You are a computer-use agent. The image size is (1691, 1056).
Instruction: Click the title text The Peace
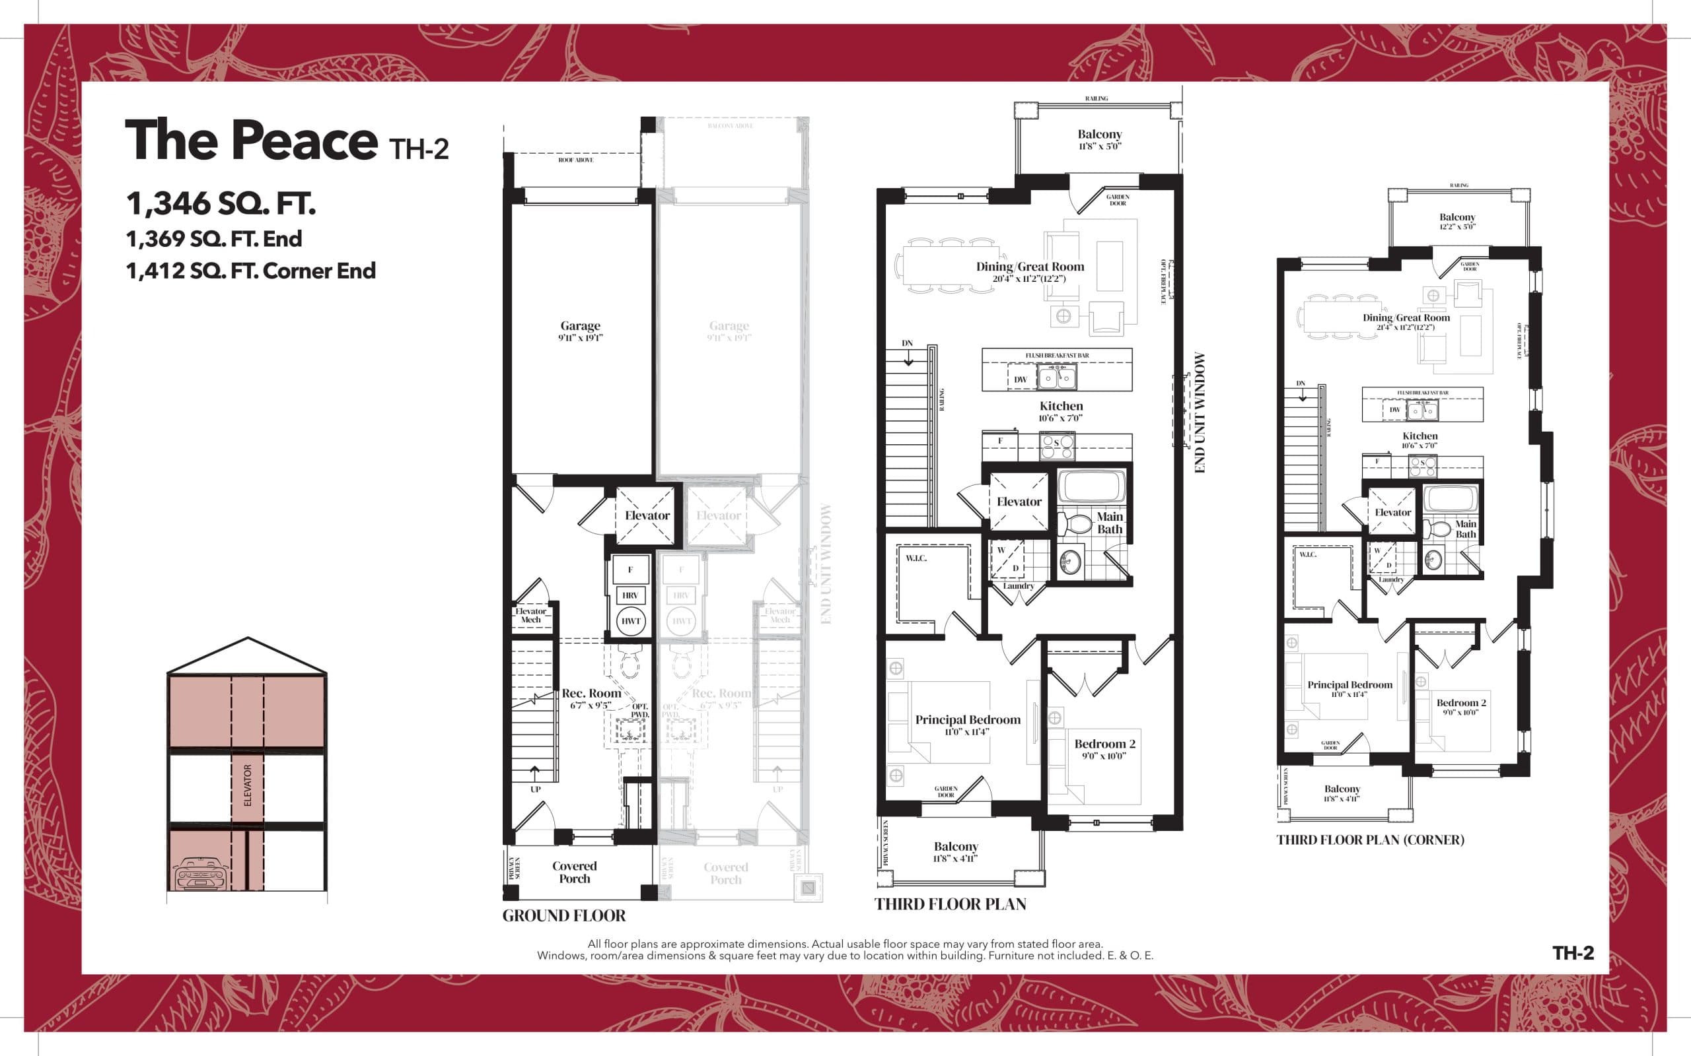[252, 141]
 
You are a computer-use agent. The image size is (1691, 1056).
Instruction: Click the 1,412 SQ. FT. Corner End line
[250, 271]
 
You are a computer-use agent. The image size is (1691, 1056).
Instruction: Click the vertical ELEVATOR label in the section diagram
[247, 785]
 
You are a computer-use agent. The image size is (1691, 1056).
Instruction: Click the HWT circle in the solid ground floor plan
[630, 621]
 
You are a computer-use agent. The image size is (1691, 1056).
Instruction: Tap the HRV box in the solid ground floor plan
[630, 595]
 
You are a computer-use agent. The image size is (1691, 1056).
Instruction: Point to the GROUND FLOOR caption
[564, 915]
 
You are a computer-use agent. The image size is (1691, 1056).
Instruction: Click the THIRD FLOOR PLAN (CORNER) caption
[1369, 840]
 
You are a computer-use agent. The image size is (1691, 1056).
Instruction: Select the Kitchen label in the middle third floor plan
[1061, 407]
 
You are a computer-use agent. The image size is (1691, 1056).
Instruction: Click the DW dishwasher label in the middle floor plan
[1020, 380]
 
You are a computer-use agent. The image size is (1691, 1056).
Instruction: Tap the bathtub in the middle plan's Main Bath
[1091, 487]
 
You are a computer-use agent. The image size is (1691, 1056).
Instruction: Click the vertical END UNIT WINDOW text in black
[1200, 412]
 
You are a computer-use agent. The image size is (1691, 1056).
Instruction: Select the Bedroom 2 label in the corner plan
[1460, 704]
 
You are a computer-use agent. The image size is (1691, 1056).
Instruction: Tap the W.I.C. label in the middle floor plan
[916, 558]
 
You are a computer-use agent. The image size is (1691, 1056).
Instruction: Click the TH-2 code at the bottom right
[1573, 953]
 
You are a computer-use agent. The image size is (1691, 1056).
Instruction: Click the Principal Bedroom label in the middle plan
[968, 720]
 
